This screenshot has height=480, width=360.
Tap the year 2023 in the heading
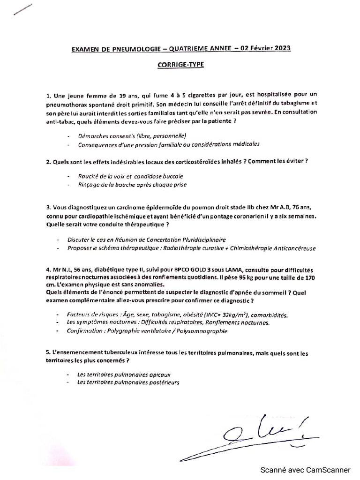(279, 48)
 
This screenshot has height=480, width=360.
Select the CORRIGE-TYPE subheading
(180, 65)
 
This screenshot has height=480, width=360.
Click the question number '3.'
(49, 207)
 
